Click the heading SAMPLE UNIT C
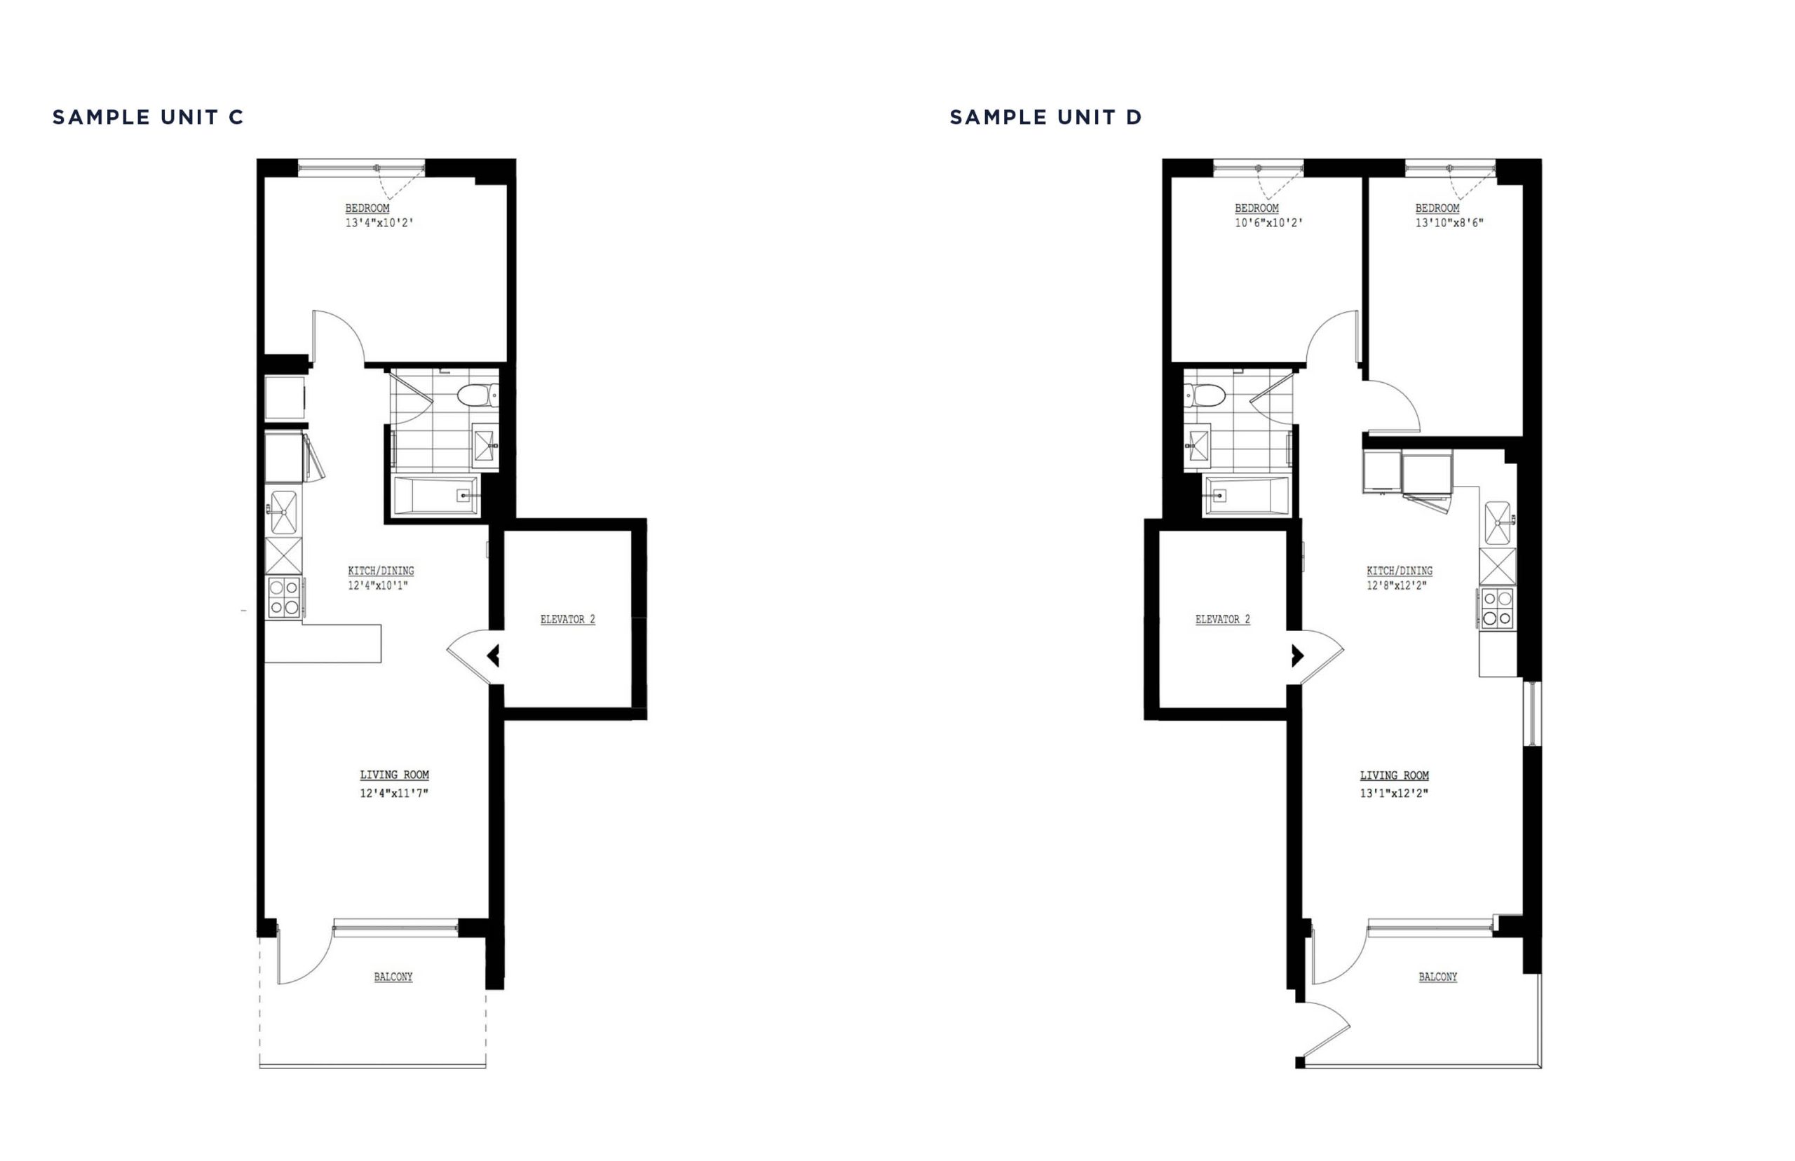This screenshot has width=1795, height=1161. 148,118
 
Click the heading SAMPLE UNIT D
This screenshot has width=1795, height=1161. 1045,118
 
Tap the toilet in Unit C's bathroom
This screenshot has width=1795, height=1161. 477,395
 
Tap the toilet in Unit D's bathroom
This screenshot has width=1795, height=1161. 1205,395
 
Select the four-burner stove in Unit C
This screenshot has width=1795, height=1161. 284,597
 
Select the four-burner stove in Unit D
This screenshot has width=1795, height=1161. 1497,608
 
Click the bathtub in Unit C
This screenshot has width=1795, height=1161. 435,495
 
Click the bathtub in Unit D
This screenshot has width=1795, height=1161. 1247,495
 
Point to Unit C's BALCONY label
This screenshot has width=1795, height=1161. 393,977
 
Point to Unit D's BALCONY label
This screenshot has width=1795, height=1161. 1437,977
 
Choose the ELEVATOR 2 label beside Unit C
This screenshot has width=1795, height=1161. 568,619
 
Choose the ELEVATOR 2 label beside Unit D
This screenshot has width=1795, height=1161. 1223,619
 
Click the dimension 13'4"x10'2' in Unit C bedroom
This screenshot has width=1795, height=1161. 379,223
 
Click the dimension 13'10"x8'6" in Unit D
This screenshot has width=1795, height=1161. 1449,223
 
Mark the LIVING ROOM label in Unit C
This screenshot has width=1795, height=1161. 394,774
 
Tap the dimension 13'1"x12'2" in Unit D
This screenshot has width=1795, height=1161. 1394,793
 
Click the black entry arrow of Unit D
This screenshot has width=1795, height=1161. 1297,656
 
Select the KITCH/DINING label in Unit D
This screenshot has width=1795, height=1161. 1400,571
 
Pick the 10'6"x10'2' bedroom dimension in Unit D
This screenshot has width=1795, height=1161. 1269,223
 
